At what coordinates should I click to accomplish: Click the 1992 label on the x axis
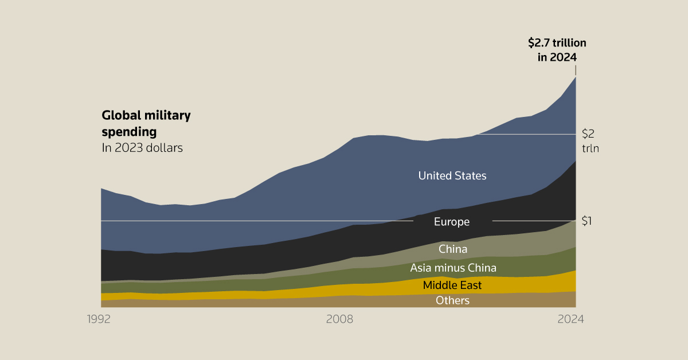coord(99,319)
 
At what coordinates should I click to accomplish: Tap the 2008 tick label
coord(339,319)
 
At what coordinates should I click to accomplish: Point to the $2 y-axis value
coord(588,134)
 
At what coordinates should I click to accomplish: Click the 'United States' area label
coord(452,175)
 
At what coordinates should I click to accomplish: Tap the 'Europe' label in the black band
coord(452,222)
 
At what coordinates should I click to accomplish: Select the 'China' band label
coord(453,249)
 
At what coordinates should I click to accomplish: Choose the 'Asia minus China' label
coord(453,268)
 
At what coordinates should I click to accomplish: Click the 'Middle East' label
coord(452,285)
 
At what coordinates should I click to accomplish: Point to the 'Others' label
coord(452,300)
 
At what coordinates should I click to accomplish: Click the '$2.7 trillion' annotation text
coord(557,42)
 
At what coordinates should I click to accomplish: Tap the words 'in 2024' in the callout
coord(557,57)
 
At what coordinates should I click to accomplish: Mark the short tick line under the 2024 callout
coord(575,70)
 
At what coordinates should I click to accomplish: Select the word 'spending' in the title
coord(129,132)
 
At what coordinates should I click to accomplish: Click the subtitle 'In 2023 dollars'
coord(142,148)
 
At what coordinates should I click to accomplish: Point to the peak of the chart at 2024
coord(575,77)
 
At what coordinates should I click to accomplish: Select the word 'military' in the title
coord(167,115)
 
